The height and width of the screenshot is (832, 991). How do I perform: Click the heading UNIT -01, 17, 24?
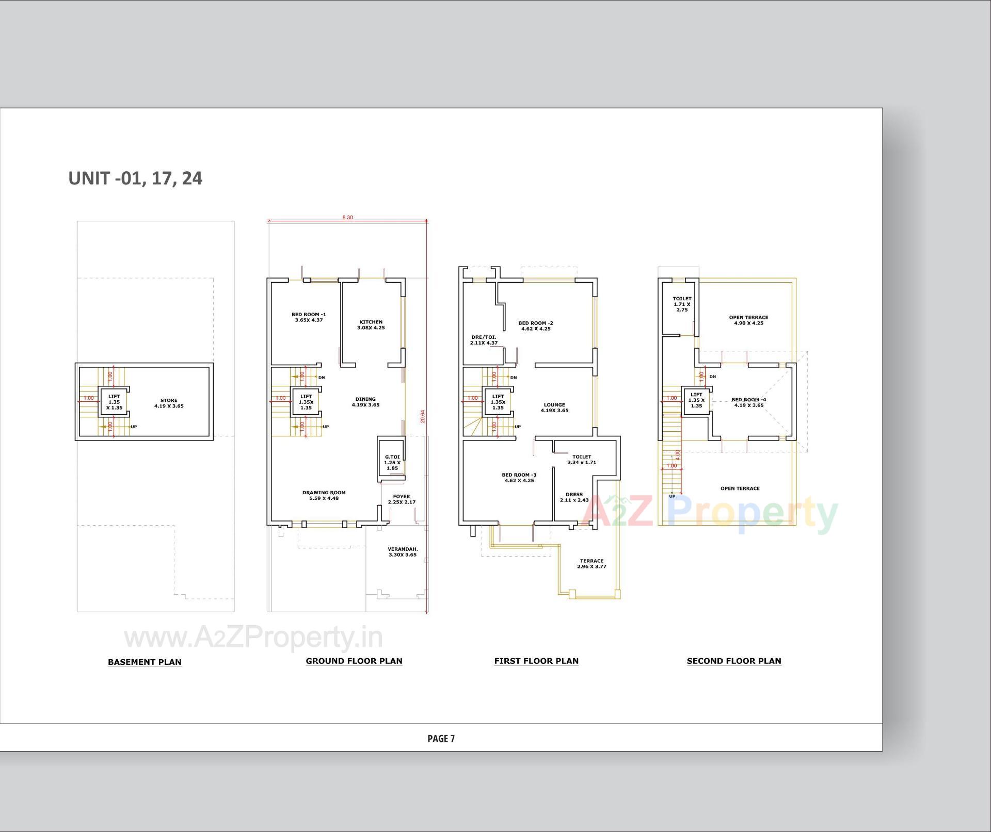pos(135,178)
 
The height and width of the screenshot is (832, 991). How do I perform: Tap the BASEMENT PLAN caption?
pos(145,662)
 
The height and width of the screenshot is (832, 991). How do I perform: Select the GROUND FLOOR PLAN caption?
pos(354,661)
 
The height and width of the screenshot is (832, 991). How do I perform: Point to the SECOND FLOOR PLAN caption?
pos(733,661)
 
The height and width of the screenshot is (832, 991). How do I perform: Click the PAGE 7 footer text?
pos(441,739)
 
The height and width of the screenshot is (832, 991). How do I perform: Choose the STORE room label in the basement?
pos(169,403)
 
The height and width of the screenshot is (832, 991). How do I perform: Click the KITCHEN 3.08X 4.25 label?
pos(371,324)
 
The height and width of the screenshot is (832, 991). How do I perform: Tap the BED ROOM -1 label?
pos(309,317)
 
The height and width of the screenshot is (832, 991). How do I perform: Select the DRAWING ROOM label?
pos(324,495)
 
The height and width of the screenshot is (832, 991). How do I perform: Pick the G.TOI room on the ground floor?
pos(392,462)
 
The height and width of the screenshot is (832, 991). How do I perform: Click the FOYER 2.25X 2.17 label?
pos(402,499)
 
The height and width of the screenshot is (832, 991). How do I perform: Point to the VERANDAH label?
pos(403,552)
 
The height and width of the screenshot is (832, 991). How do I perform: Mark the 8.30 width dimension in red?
pos(347,218)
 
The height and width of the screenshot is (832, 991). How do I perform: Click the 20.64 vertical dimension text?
pos(423,416)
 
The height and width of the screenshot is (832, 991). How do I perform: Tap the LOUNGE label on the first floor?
pos(554,407)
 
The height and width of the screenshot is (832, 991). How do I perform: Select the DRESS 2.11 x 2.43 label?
pos(574,497)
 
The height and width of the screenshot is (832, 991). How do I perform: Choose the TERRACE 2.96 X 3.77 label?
pos(592,564)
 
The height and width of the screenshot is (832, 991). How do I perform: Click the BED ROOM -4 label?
pos(748,402)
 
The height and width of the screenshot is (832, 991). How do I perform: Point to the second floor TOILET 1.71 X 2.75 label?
pos(682,304)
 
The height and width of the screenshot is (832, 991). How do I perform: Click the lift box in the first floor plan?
pos(498,402)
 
